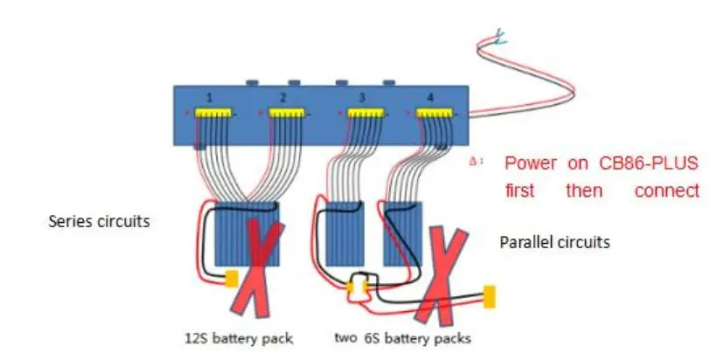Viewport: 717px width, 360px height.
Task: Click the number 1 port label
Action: (x=210, y=97)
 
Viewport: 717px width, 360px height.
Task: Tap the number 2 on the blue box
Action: (x=283, y=97)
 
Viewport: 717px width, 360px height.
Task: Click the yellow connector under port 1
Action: (x=212, y=114)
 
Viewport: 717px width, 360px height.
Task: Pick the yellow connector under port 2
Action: (x=286, y=114)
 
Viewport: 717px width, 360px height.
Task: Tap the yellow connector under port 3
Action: (x=364, y=114)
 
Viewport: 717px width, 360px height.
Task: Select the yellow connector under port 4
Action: (x=434, y=114)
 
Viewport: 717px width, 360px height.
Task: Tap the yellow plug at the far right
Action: (x=490, y=296)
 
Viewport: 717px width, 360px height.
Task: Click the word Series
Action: (x=69, y=222)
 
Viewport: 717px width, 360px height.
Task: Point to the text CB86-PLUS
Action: (x=641, y=163)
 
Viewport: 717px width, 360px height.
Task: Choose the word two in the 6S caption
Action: (x=345, y=337)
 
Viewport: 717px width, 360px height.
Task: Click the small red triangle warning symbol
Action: (x=473, y=162)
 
